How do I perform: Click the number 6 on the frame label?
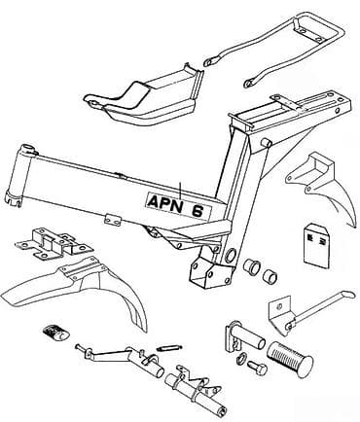(x=198, y=211)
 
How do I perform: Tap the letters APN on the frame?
(x=164, y=202)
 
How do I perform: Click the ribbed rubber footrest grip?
(x=290, y=357)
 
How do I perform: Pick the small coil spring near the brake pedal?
(x=167, y=348)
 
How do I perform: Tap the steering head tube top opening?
(x=28, y=148)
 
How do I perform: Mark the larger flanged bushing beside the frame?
(x=251, y=265)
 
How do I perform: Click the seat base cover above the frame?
(x=143, y=97)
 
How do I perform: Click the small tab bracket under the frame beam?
(x=112, y=220)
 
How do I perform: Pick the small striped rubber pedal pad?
(x=55, y=333)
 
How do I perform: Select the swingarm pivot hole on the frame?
(x=231, y=255)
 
